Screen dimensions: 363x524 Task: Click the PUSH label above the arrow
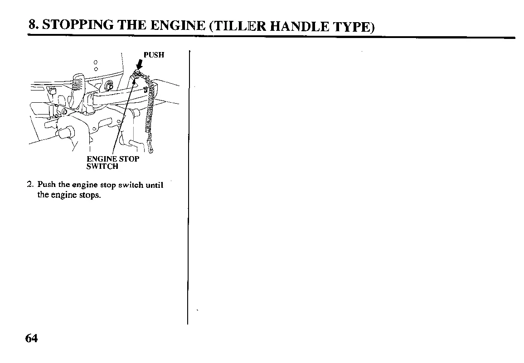154,55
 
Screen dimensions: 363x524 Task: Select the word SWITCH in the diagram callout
102,166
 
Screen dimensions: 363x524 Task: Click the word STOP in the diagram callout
130,159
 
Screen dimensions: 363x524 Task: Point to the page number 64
32,339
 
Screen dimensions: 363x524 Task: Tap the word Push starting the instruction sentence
46,185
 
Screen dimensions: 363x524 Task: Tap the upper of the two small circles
96,62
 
